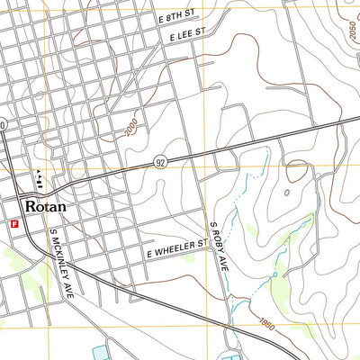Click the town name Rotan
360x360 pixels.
(x=47, y=205)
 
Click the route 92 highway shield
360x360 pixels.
(x=159, y=162)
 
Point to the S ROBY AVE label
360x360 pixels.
(x=219, y=245)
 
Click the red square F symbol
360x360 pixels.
(x=14, y=222)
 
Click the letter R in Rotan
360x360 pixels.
(x=32, y=205)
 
